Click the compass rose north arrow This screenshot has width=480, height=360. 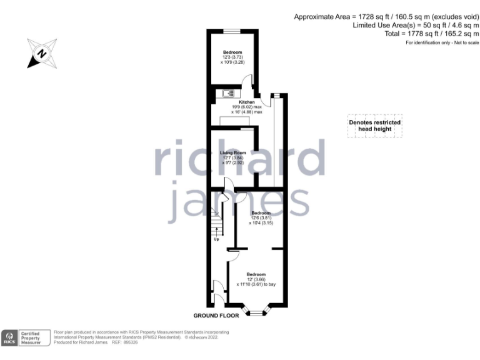pos(41,53)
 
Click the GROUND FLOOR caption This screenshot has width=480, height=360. pos(216,316)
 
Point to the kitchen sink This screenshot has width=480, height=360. pos(228,94)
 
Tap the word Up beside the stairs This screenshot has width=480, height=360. pos(217,239)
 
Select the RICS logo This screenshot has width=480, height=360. pos(9,337)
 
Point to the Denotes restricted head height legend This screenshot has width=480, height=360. pos(374,126)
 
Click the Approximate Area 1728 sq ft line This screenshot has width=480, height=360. pos(386,17)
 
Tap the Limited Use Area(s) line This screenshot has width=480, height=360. pos(416,26)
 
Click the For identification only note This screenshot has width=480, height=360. pos(442,42)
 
